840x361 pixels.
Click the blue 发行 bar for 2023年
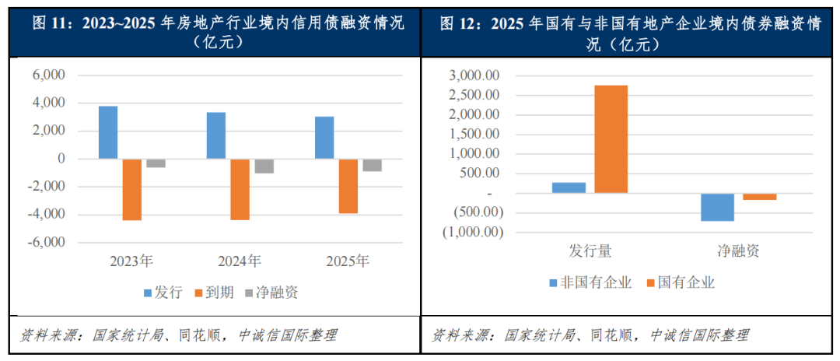108,132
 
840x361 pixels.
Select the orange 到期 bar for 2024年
240,189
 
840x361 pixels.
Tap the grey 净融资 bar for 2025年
372,165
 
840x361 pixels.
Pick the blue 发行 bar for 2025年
325,138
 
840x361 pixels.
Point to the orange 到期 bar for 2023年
131,189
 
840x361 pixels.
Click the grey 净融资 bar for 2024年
264,166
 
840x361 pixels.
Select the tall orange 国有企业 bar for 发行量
611,138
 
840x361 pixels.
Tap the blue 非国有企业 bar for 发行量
569,188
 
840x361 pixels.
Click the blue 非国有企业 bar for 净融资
717,207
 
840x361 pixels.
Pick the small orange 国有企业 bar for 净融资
759,197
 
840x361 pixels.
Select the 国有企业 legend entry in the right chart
680,282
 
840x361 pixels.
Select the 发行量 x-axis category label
590,251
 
